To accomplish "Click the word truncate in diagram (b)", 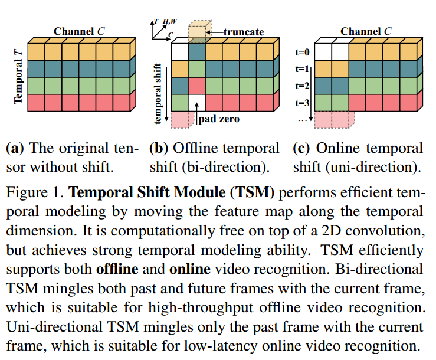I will (x=244, y=31).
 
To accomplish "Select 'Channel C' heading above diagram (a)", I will (x=80, y=31).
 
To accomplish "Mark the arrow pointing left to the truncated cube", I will (x=215, y=32).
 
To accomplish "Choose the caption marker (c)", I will (x=303, y=148).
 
